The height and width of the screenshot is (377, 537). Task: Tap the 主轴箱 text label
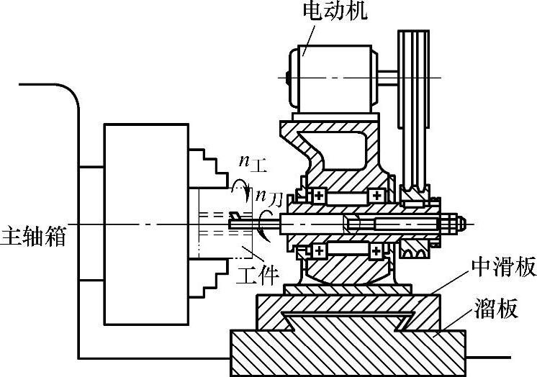click(33, 236)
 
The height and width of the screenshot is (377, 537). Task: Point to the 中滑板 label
click(503, 268)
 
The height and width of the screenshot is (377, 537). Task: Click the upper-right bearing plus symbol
click(376, 195)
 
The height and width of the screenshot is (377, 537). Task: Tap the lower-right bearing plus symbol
click(376, 250)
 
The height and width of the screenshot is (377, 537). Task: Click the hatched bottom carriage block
click(346, 353)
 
